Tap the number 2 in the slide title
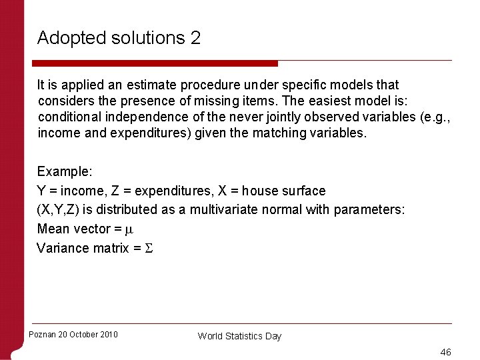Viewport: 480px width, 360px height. coord(195,38)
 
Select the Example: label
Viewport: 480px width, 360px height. coord(65,171)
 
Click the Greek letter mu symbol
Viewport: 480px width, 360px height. coord(130,229)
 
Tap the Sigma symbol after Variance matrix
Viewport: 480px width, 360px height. coord(149,248)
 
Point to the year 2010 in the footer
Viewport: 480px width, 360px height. coord(108,335)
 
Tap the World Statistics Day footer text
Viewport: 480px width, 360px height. coord(239,336)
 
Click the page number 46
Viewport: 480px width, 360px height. coord(445,351)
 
